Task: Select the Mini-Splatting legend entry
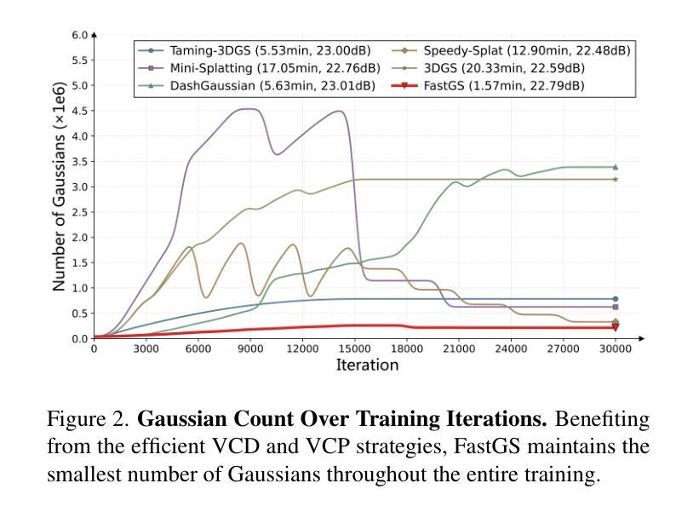point(259,68)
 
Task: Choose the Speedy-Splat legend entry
point(515,51)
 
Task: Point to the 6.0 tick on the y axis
point(80,35)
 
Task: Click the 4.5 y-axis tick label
point(80,111)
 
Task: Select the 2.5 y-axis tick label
point(80,212)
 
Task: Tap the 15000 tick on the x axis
point(354,349)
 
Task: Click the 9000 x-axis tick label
point(250,349)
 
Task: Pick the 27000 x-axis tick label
point(563,349)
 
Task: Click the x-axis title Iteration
point(367,365)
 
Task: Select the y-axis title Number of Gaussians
point(60,187)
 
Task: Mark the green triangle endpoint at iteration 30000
point(616,167)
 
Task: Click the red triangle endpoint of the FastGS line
point(616,327)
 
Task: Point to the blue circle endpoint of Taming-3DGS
point(616,299)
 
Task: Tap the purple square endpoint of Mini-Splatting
point(616,308)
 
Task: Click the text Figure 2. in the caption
point(89,420)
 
